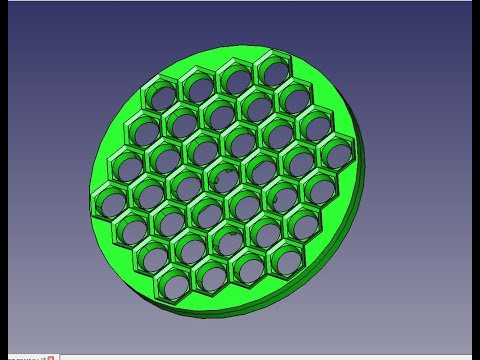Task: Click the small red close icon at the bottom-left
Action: pyautogui.click(x=50, y=356)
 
